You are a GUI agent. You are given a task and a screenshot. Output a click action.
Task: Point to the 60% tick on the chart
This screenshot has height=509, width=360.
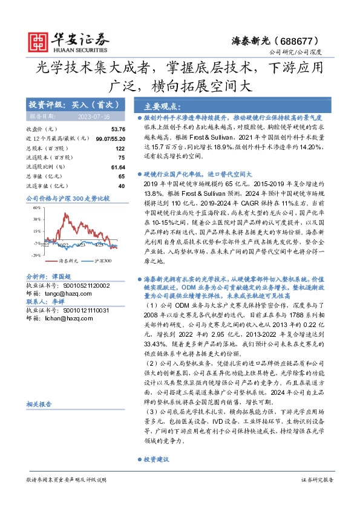[36, 207]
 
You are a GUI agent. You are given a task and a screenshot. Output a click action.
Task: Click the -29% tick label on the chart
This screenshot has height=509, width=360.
[36, 256]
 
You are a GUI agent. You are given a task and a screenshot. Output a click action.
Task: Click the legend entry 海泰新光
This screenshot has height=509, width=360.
[51, 261]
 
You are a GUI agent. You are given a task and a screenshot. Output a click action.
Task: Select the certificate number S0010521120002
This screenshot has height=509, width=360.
[82, 285]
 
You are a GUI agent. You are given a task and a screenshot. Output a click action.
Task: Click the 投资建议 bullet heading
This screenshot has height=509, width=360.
[157, 459]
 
